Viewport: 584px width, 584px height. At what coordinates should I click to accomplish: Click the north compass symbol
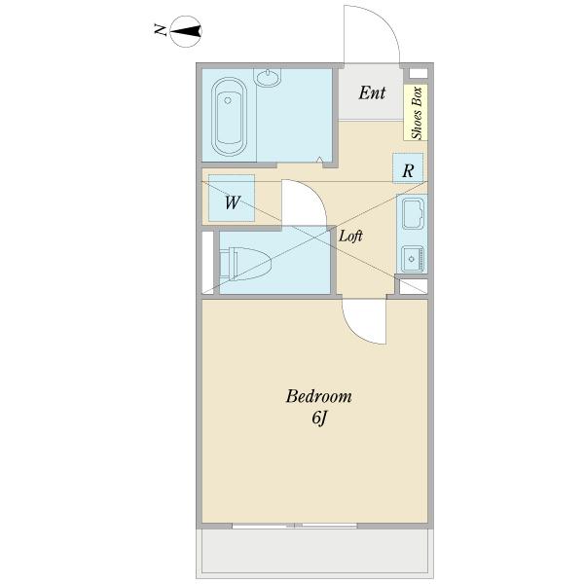coord(186,31)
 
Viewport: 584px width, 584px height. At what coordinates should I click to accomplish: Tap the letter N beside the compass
coord(161,30)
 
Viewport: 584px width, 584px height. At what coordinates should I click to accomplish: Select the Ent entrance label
coord(372,92)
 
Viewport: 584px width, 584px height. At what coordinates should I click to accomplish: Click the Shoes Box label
coord(417,113)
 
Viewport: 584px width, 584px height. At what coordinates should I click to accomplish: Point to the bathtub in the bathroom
coord(229,117)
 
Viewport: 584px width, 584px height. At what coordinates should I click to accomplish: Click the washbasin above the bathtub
coord(268,78)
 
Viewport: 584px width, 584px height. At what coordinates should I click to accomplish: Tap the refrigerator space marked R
coord(408,168)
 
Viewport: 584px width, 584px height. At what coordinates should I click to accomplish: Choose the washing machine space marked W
coord(232,199)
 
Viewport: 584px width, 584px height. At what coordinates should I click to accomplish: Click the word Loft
coord(350,236)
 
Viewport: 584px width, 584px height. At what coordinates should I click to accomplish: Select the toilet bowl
coord(246,264)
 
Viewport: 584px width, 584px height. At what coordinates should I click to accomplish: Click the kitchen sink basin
coord(413,214)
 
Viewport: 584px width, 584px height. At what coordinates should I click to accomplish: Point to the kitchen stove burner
coord(413,259)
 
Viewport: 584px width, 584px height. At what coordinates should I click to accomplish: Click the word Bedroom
coord(319,396)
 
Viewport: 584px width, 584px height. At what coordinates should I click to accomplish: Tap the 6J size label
coord(319,419)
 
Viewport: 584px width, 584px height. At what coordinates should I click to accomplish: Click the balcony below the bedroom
coord(314,552)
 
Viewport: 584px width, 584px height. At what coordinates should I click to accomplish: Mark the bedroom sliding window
coord(295,526)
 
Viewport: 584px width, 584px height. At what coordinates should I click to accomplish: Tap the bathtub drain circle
coord(228,100)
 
